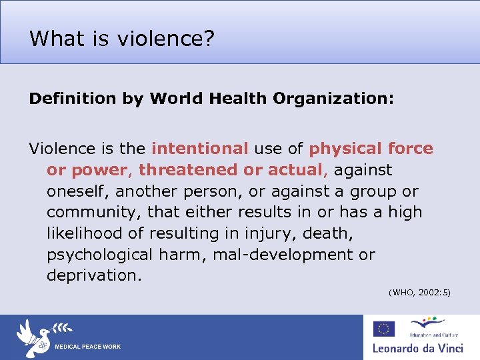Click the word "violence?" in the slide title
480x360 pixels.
pos(166,39)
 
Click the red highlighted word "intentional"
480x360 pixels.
pos(200,149)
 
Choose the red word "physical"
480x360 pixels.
pos(347,149)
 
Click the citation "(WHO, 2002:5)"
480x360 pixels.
pos(419,292)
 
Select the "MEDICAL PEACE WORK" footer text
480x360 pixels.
pos(87,347)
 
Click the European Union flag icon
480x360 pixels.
pos(383,328)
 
